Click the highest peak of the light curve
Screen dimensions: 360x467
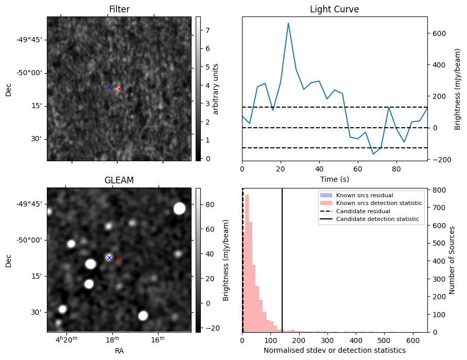tap(288, 23)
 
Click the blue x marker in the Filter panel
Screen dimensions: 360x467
tap(109, 87)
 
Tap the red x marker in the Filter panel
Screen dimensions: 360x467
tap(119, 89)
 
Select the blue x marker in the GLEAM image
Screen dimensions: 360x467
tap(109, 258)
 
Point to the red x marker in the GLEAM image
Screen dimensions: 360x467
tap(119, 260)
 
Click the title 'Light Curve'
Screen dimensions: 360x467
tap(334, 10)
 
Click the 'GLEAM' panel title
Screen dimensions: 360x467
tap(119, 180)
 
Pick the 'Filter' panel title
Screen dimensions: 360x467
tap(119, 10)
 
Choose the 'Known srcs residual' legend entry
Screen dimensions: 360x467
tap(365, 195)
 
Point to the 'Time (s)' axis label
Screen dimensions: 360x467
tap(334, 179)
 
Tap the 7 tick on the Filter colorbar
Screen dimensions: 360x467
tap(207, 30)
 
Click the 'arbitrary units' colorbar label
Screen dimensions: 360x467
tap(216, 89)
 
